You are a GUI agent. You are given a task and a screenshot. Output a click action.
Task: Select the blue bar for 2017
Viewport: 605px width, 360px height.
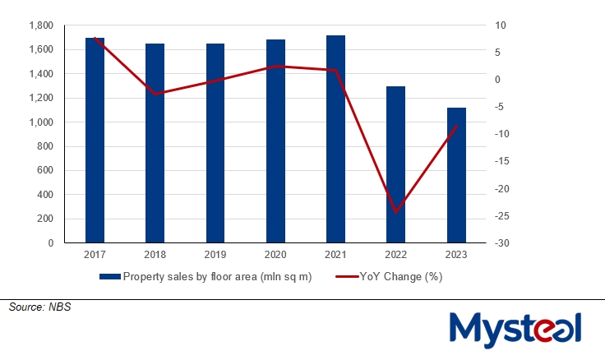click(95, 140)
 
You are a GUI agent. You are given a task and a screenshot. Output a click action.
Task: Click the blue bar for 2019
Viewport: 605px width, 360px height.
click(215, 143)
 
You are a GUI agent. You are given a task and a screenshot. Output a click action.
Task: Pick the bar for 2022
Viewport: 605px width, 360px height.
click(396, 164)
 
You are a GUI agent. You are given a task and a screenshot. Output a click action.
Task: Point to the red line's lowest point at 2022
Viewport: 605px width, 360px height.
click(396, 212)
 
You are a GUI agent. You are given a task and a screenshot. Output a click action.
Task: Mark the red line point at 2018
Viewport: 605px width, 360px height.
click(155, 94)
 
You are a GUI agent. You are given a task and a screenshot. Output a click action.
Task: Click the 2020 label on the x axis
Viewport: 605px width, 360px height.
click(275, 255)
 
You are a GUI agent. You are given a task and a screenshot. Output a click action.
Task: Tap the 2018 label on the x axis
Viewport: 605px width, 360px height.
click(155, 255)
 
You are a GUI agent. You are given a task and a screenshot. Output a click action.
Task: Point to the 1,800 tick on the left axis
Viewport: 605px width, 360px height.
click(40, 25)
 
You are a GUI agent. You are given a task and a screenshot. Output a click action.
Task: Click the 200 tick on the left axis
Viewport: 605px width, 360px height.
click(46, 219)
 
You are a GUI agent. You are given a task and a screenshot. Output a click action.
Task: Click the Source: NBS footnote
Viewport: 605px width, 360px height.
click(35, 307)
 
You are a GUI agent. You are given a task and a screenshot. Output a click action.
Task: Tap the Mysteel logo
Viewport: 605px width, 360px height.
click(516, 330)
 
